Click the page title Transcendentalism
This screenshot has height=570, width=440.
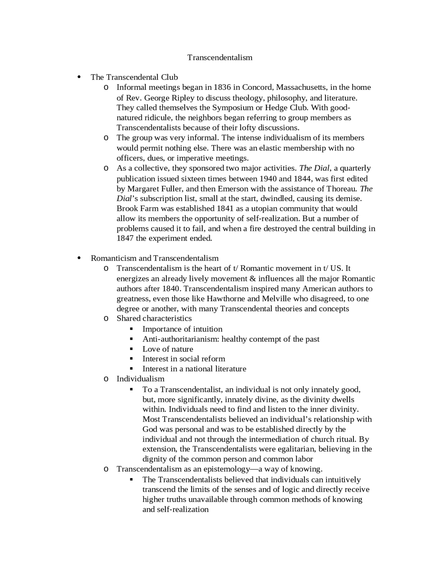(x=220, y=57)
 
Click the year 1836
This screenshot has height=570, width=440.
(x=222, y=87)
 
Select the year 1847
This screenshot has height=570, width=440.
(x=125, y=238)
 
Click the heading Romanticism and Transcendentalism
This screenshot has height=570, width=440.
(x=154, y=258)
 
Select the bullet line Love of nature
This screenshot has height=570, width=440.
(x=168, y=349)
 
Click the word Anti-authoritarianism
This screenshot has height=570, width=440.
(x=180, y=339)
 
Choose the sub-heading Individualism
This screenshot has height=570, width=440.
(x=140, y=379)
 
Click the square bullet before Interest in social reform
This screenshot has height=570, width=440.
(x=131, y=358)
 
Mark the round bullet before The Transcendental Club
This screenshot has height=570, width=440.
(x=79, y=77)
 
